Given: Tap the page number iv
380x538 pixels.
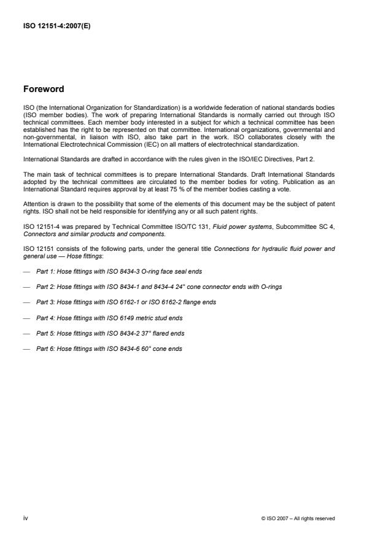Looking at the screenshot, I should tap(25, 518).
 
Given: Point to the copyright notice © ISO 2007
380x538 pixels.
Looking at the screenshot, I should tap(297, 518).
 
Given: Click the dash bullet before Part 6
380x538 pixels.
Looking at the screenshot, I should tap(26, 349).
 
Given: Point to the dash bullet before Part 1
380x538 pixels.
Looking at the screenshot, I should tap(26, 271).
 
